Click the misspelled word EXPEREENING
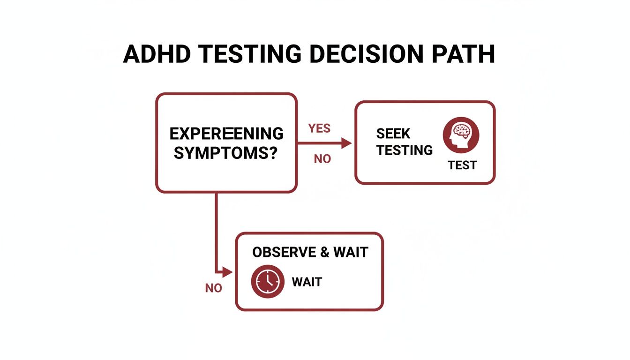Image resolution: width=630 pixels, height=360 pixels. tap(226, 134)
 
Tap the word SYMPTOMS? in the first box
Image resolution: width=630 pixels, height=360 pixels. tap(225, 152)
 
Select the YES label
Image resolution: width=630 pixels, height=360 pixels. tap(319, 128)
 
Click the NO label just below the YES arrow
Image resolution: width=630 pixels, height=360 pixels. tap(322, 159)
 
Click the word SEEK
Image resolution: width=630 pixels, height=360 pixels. tap(393, 134)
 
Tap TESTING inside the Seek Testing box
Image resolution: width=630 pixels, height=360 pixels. tap(405, 150)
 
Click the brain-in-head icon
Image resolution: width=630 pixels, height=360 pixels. tap(461, 135)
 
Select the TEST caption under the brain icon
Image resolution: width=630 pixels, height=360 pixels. tap(462, 165)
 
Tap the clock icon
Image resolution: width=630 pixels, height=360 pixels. tap(268, 281)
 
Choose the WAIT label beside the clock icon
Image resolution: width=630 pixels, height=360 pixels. tap(307, 282)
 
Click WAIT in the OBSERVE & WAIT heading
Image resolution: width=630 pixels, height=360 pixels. tap(351, 252)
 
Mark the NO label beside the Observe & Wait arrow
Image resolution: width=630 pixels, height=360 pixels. tap(213, 288)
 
